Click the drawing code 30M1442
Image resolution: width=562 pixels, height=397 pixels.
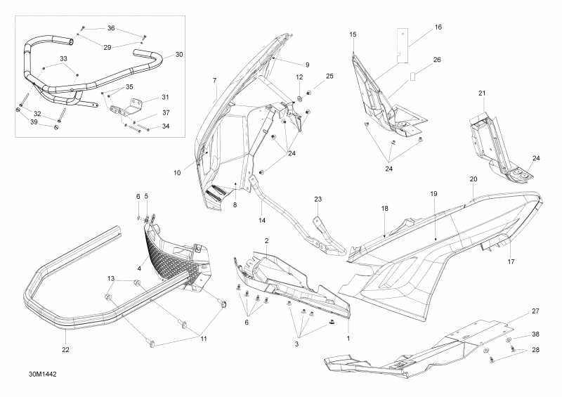(42, 375)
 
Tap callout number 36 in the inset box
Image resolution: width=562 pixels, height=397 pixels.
(111, 28)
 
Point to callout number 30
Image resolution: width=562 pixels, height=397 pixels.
(178, 54)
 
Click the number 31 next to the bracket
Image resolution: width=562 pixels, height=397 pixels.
(165, 97)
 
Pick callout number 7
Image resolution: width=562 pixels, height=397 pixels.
(214, 81)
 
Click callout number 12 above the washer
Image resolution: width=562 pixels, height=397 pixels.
(299, 77)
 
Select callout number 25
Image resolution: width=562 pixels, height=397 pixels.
(329, 75)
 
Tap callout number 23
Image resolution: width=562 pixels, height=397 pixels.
(318, 200)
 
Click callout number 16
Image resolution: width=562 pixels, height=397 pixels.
(438, 27)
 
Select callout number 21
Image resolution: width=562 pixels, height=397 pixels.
(482, 93)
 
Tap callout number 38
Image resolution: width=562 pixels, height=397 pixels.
(535, 334)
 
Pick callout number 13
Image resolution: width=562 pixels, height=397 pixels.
(111, 279)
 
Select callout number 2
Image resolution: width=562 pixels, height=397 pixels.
(266, 240)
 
